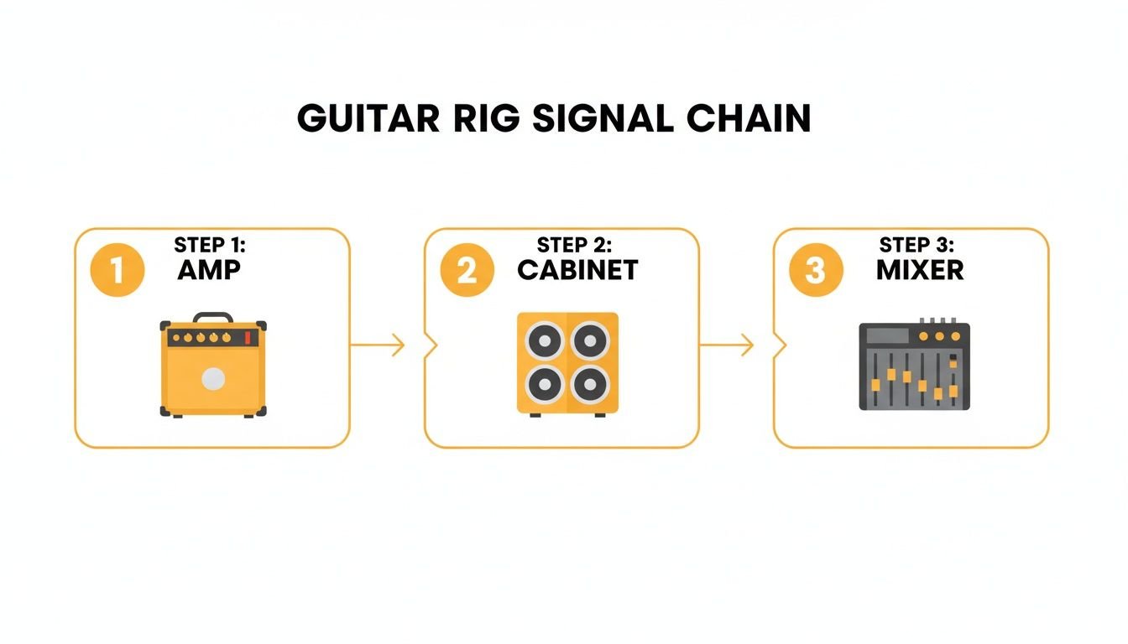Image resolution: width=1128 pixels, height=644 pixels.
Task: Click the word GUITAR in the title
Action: [368, 119]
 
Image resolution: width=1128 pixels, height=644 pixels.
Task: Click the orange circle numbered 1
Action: [117, 270]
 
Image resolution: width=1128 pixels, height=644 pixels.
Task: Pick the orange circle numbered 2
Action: [467, 270]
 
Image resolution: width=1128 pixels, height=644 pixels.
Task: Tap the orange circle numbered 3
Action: [816, 270]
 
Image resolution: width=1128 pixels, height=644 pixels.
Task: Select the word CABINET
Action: [577, 270]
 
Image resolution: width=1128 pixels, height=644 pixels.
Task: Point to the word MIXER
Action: [921, 270]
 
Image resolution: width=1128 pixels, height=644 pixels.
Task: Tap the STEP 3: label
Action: [916, 245]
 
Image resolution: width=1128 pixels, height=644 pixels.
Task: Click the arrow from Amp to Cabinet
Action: [378, 345]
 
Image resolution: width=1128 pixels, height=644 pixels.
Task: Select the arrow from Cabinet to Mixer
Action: [727, 345]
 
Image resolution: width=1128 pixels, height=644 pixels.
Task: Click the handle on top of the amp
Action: [213, 317]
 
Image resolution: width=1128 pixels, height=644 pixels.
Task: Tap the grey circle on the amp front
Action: [213, 379]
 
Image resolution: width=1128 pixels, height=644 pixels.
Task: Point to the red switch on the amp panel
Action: [248, 337]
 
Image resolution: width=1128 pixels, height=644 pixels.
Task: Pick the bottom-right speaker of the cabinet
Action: [589, 384]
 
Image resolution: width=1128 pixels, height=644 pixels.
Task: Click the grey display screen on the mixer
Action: [887, 336]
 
